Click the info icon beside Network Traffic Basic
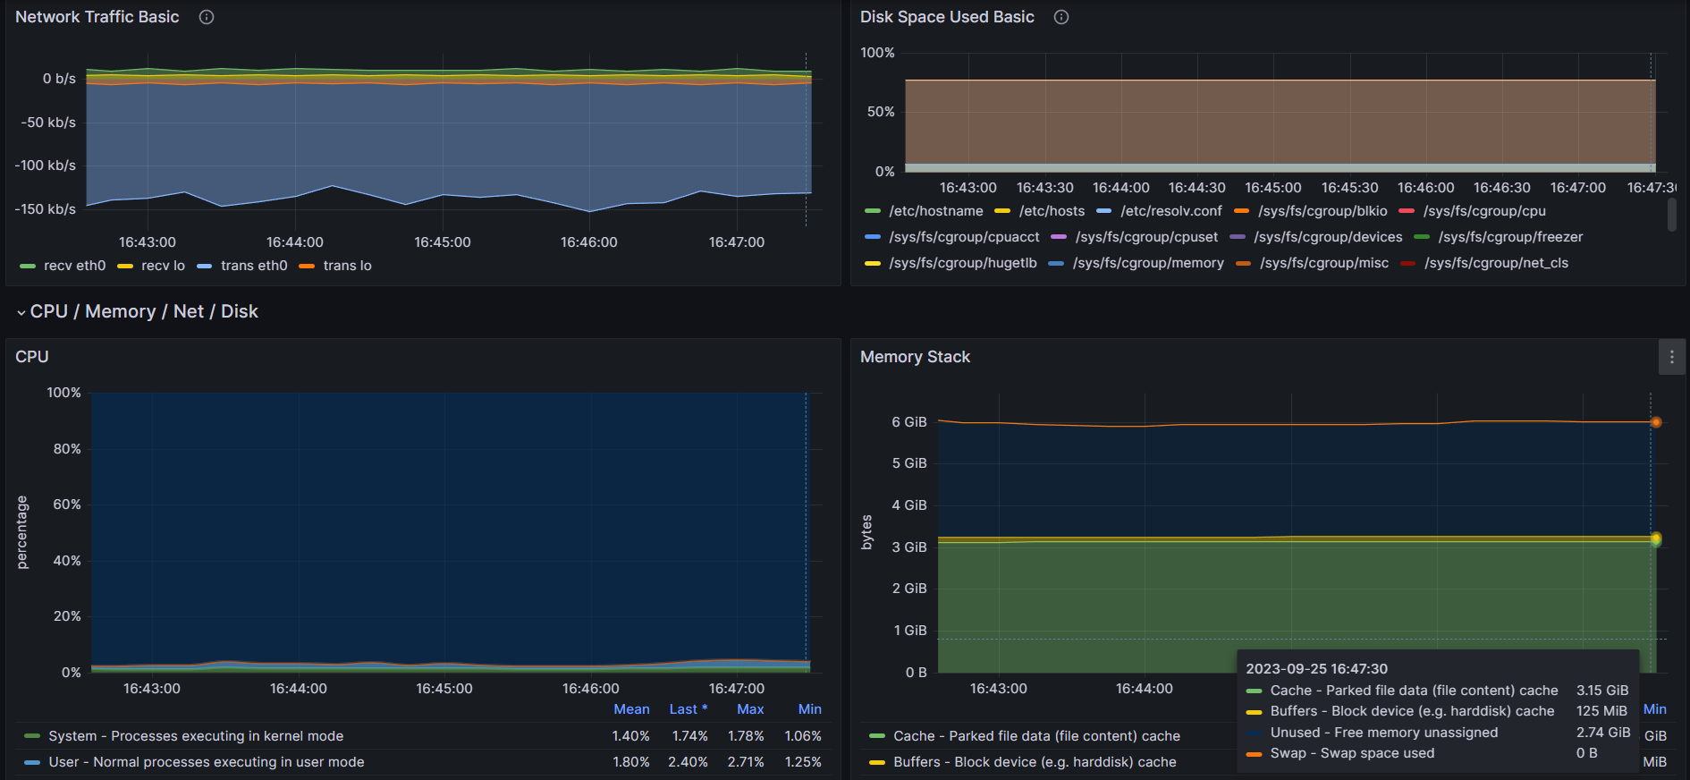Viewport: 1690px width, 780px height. pyautogui.click(x=207, y=17)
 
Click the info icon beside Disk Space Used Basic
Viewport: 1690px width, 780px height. pyautogui.click(x=1061, y=17)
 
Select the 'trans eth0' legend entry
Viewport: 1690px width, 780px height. pyautogui.click(x=242, y=266)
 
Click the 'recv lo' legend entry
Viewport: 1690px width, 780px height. pyautogui.click(x=151, y=266)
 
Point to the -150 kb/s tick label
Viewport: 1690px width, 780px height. pyautogui.click(x=46, y=209)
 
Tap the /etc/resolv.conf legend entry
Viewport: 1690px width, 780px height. pyautogui.click(x=1159, y=211)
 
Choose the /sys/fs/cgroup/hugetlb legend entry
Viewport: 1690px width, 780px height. pyautogui.click(x=951, y=263)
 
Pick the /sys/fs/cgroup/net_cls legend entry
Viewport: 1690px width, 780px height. pyautogui.click(x=1484, y=263)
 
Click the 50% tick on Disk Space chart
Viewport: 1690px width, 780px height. pyautogui.click(x=881, y=112)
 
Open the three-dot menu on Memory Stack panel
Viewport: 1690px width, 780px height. pyautogui.click(x=1672, y=357)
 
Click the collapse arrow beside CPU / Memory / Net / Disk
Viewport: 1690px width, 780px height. pyautogui.click(x=21, y=312)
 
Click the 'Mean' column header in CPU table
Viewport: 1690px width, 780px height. pyautogui.click(x=631, y=709)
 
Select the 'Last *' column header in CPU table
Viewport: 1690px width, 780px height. pyautogui.click(x=689, y=709)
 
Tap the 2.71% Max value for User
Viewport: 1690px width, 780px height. pyautogui.click(x=746, y=762)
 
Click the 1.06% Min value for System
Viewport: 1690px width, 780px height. pyautogui.click(x=803, y=736)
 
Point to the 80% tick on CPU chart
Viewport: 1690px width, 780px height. pyautogui.click(x=67, y=449)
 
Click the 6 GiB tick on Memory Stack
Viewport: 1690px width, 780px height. pyautogui.click(x=909, y=422)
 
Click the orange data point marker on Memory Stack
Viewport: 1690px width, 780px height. pyautogui.click(x=1656, y=422)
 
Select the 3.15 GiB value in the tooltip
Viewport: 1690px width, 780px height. pyautogui.click(x=1602, y=691)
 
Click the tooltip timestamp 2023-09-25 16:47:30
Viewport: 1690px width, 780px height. pyautogui.click(x=1317, y=669)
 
